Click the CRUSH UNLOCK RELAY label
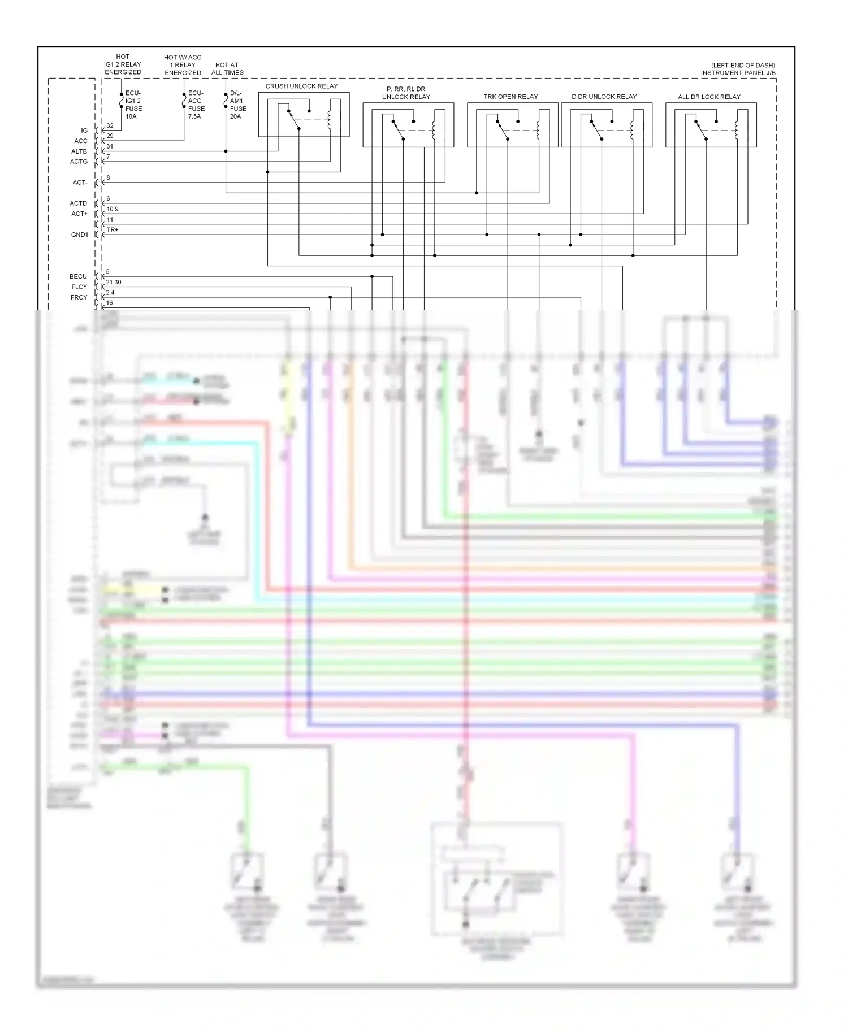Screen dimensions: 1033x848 (301, 86)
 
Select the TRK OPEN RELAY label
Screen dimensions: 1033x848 (510, 97)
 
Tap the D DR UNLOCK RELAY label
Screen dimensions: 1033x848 (604, 97)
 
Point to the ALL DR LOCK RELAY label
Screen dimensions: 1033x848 (709, 97)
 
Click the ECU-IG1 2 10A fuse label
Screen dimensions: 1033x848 (133, 105)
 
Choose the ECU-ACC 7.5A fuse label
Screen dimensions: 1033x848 (196, 105)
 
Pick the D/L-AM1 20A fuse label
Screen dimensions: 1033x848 (237, 105)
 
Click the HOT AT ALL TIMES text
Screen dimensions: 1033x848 (227, 68)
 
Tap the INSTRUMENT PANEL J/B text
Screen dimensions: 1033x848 (738, 73)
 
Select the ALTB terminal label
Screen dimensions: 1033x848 (79, 151)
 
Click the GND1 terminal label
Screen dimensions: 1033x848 (80, 235)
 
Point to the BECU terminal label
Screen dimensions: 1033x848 (79, 276)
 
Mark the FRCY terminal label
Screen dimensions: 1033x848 (79, 297)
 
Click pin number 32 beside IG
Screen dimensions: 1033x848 (110, 126)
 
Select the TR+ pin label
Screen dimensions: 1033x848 (113, 230)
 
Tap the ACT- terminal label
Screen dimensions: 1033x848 (80, 183)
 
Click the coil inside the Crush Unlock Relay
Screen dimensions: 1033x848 (330, 120)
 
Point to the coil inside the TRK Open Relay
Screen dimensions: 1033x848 (538, 130)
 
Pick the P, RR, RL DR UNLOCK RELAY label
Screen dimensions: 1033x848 (406, 93)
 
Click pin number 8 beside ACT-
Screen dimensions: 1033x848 (108, 178)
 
